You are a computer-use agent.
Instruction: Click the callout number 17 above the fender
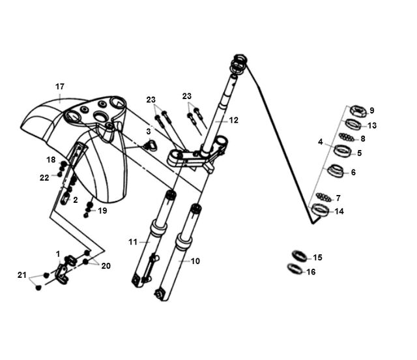point(60,87)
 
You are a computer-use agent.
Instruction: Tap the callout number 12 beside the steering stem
point(233,121)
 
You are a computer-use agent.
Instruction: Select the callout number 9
point(372,110)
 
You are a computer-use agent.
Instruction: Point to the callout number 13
point(372,125)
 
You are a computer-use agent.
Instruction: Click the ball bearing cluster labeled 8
point(347,138)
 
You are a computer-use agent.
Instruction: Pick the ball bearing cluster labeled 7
point(323,198)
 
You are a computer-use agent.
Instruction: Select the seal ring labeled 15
point(300,256)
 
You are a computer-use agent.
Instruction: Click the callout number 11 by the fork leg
point(133,242)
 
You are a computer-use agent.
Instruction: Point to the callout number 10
point(195,262)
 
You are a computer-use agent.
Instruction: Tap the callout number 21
point(22,275)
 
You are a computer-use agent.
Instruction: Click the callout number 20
point(106,265)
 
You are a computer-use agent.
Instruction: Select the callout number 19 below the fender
point(102,211)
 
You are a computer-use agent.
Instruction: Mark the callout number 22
point(44,177)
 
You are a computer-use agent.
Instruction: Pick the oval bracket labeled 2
point(65,199)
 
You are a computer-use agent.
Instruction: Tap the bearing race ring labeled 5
point(343,151)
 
